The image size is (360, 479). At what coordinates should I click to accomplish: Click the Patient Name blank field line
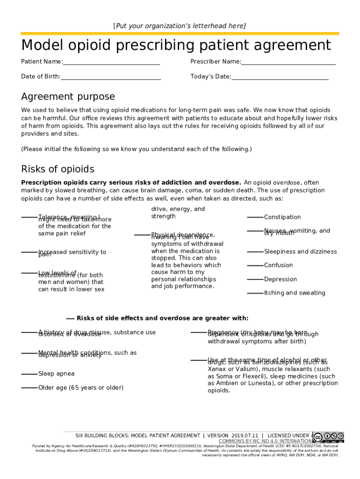(111, 64)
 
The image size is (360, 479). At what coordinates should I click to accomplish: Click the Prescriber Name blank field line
(288, 64)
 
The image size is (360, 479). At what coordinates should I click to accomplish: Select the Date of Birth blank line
(111, 79)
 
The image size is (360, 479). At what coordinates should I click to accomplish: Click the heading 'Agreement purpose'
(68, 97)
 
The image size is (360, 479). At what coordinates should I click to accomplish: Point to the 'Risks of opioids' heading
(58, 169)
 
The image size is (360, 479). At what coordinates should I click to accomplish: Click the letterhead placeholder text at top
(180, 26)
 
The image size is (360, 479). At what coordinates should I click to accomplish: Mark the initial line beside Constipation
(255, 217)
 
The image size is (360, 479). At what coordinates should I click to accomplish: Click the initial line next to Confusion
(255, 265)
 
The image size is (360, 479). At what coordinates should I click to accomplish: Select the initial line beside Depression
(255, 279)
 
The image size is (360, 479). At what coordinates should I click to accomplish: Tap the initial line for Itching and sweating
(255, 293)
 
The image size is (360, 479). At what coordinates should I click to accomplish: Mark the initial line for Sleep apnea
(29, 374)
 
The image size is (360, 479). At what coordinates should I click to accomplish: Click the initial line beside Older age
(29, 388)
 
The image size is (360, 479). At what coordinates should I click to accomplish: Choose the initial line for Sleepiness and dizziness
(255, 252)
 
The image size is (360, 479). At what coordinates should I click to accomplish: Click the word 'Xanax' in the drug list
(217, 369)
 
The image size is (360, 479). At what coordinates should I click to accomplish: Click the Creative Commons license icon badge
(328, 437)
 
